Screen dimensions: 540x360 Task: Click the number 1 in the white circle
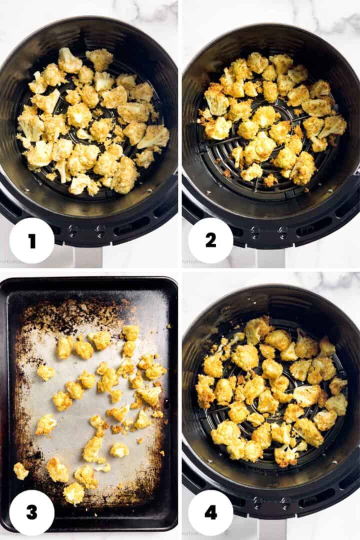pos(32,240)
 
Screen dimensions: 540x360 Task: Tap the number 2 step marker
pos(210,240)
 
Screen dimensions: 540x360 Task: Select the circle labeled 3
pos(32,512)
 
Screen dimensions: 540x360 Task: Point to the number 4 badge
pos(210,512)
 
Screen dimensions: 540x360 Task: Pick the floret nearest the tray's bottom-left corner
pos(20,470)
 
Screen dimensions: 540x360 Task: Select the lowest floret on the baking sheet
pos(74,493)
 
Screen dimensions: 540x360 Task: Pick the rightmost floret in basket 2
pos(332,125)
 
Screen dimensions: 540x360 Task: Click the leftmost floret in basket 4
pos(204,390)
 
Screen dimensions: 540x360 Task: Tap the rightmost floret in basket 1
pos(154,136)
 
